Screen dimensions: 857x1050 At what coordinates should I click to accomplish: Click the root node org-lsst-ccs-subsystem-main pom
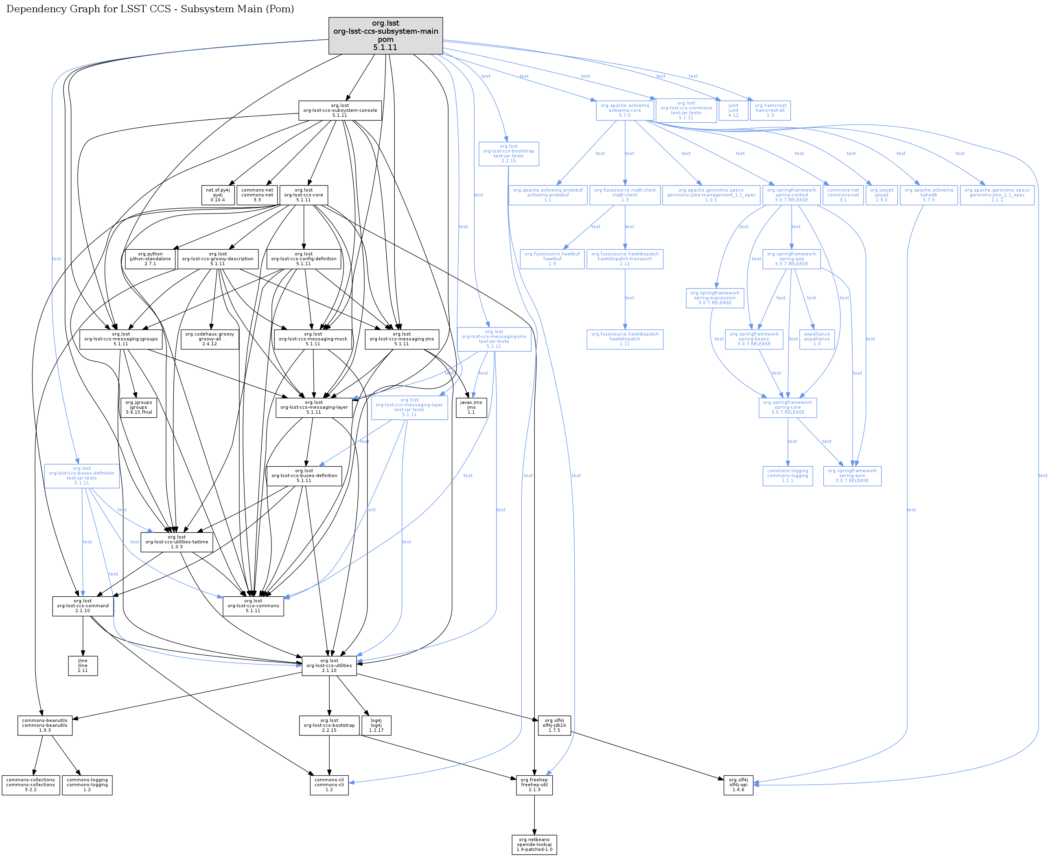(x=385, y=35)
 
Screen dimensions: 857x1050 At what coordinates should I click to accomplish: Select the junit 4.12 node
(x=733, y=111)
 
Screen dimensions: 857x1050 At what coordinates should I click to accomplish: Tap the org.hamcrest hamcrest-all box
(x=770, y=111)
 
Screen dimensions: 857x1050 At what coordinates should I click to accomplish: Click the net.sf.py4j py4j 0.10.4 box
(x=218, y=195)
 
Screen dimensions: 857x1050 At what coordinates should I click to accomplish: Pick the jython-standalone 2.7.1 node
(x=150, y=259)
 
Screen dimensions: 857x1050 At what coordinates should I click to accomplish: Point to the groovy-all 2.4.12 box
(x=210, y=339)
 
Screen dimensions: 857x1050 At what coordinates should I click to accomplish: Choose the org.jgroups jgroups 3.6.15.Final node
(x=139, y=407)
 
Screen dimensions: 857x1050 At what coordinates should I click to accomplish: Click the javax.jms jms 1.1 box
(x=471, y=407)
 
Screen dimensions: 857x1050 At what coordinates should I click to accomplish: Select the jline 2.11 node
(x=83, y=665)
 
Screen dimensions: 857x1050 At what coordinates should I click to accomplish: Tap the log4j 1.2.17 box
(x=376, y=725)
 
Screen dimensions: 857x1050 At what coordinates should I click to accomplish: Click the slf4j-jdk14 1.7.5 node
(x=554, y=725)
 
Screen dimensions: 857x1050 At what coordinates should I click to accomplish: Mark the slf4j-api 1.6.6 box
(x=738, y=785)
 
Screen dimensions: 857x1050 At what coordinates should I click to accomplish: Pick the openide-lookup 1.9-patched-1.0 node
(x=534, y=845)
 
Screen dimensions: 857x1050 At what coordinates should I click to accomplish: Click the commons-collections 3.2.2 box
(x=31, y=785)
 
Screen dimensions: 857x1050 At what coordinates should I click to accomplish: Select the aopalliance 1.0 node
(x=816, y=339)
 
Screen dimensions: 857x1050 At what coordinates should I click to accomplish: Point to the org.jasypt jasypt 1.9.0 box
(x=881, y=195)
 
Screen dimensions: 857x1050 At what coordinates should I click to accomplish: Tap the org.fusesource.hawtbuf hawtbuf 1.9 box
(x=552, y=259)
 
